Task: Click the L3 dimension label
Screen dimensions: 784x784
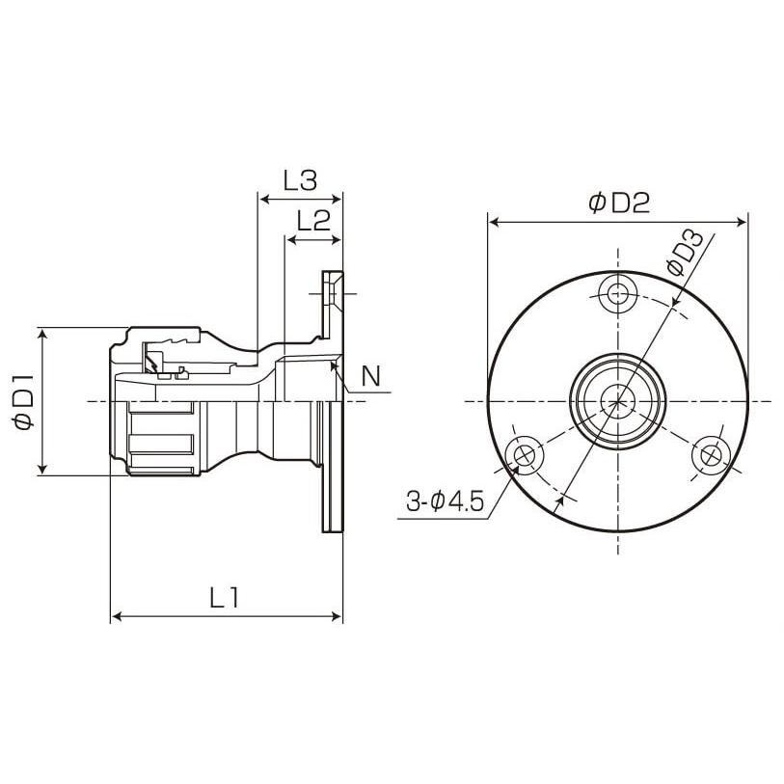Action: pos(300,179)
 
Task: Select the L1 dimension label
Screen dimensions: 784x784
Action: pos(225,598)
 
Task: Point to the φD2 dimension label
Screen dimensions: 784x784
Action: pos(618,203)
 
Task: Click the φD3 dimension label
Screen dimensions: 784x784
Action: pos(684,253)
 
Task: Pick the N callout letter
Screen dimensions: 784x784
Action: pos(369,377)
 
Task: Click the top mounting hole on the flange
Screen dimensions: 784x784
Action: pos(618,293)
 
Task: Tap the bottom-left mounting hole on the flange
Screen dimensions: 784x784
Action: pos(526,454)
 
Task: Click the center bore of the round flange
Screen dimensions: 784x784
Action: pos(618,400)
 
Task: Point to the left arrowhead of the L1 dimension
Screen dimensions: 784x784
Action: pos(117,615)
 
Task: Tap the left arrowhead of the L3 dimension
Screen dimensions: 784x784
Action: pos(262,200)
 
